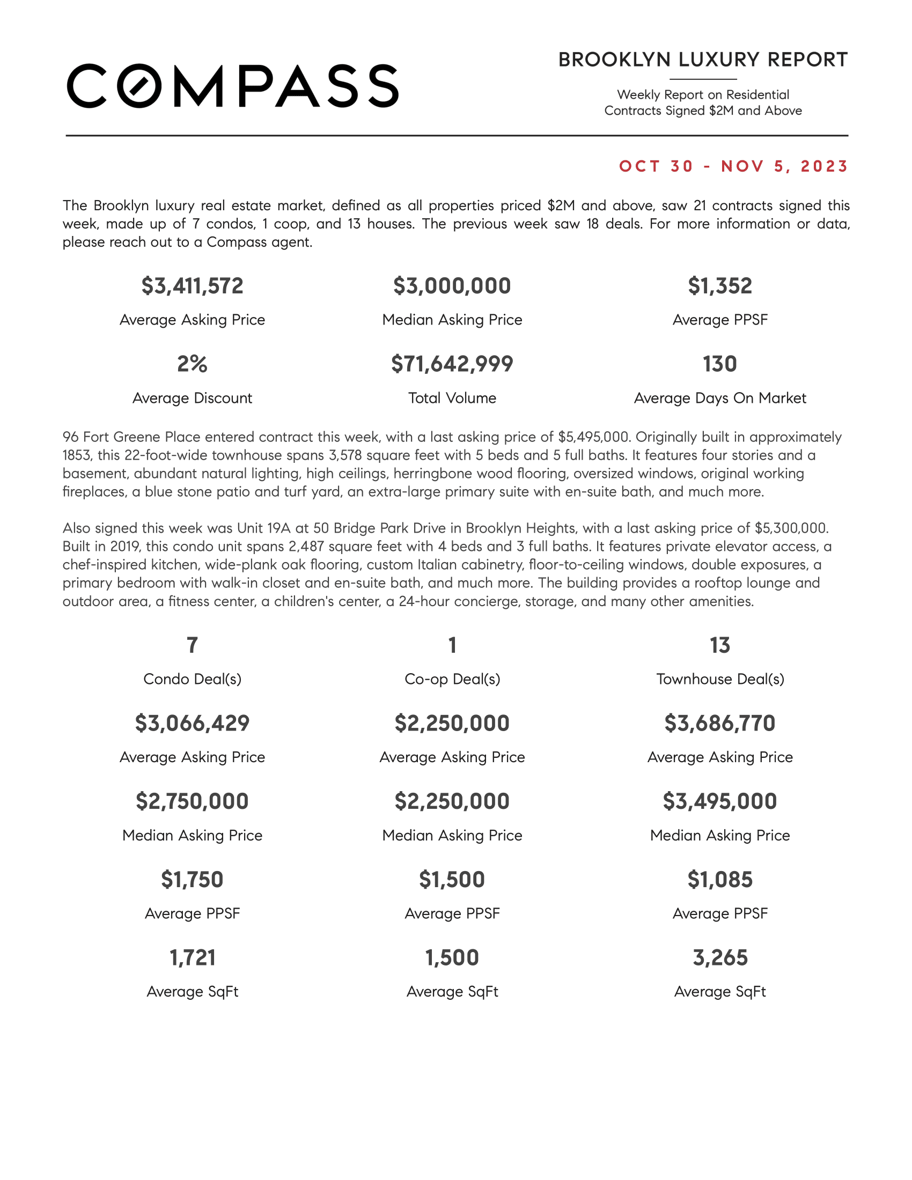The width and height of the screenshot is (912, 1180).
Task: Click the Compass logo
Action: pyautogui.click(x=232, y=86)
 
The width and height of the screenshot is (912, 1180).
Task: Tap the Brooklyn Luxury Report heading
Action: pyautogui.click(x=703, y=60)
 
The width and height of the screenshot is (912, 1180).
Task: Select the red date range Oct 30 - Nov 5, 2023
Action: pyautogui.click(x=733, y=166)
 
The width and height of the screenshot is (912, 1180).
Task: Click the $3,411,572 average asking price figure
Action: pyautogui.click(x=193, y=286)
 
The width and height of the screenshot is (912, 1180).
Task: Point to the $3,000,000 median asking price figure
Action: pyautogui.click(x=452, y=286)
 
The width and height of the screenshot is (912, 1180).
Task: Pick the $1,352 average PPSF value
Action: pyautogui.click(x=719, y=286)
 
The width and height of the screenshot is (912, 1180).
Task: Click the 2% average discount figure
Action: pyautogui.click(x=193, y=364)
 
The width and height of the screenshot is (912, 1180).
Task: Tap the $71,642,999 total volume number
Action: pyautogui.click(x=452, y=364)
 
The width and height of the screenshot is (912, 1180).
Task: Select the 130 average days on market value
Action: pyautogui.click(x=719, y=364)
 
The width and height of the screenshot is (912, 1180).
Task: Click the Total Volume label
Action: pyautogui.click(x=452, y=398)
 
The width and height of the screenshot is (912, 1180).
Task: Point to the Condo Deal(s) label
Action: pyautogui.click(x=193, y=679)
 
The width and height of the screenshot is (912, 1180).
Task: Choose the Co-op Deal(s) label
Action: pyautogui.click(x=452, y=679)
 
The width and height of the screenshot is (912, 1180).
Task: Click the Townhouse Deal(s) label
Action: pyautogui.click(x=719, y=679)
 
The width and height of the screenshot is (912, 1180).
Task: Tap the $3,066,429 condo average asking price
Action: pyautogui.click(x=193, y=724)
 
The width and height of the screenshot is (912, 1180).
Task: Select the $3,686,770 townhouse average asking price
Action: pyautogui.click(x=719, y=724)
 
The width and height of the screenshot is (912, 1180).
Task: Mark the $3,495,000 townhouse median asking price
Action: pyautogui.click(x=719, y=801)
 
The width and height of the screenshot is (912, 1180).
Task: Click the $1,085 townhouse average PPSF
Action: pyautogui.click(x=719, y=880)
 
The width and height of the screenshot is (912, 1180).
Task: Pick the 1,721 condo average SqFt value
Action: pyautogui.click(x=193, y=958)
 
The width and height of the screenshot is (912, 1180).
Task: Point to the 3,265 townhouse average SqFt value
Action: pyautogui.click(x=719, y=958)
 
